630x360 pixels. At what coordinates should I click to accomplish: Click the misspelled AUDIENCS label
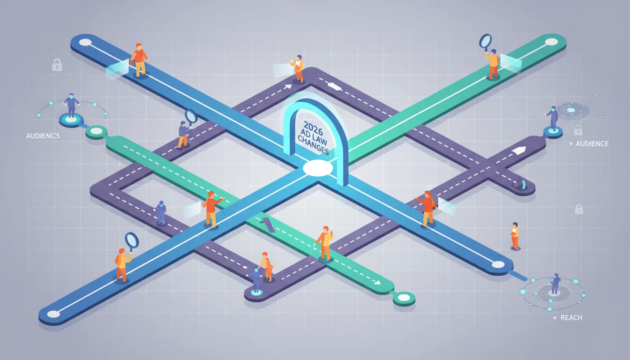[x=43, y=136]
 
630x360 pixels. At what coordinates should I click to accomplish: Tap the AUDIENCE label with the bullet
[x=589, y=144]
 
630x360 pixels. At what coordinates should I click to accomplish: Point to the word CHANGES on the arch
[x=313, y=145]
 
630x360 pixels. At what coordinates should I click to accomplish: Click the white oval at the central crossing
[x=318, y=168]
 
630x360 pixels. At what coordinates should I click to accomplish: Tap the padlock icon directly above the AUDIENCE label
[x=578, y=130]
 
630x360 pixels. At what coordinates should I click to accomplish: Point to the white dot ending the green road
[x=551, y=42]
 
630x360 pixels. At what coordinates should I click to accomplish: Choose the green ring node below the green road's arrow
[x=404, y=298]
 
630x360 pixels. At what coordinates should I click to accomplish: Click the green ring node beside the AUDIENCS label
[x=96, y=132]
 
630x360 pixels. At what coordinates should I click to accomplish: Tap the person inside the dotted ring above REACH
[x=555, y=284]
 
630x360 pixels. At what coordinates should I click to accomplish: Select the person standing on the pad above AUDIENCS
[x=71, y=105]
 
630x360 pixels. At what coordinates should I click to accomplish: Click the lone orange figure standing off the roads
[x=515, y=236]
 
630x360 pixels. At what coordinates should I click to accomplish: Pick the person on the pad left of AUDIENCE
[x=552, y=118]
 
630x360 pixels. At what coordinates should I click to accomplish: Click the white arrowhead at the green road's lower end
[x=377, y=282]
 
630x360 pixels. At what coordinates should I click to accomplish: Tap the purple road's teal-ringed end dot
[x=256, y=292]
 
